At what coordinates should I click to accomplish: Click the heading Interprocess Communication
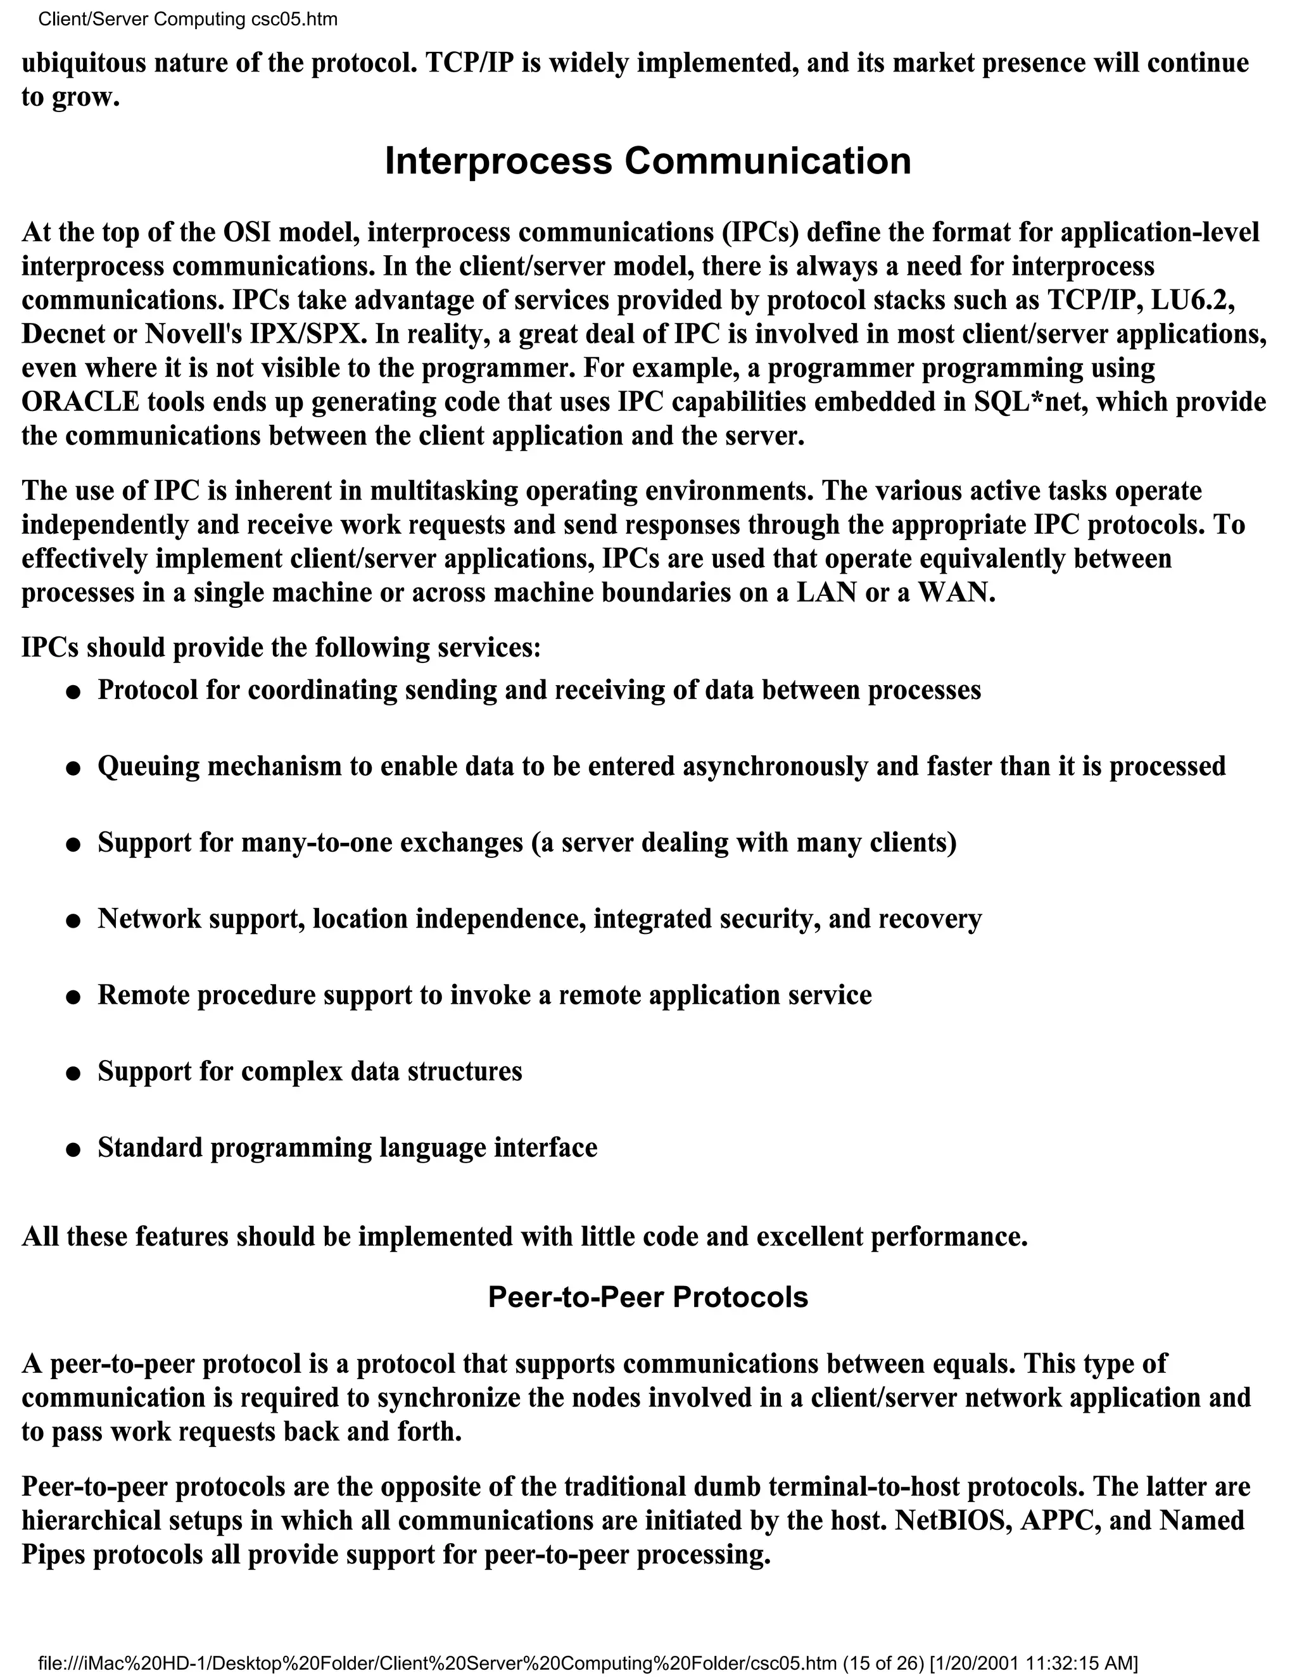[x=648, y=161]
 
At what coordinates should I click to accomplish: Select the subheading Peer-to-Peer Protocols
[x=648, y=1297]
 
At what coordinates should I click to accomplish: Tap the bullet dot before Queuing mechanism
[x=73, y=768]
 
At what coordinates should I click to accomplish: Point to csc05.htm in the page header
[x=294, y=19]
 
